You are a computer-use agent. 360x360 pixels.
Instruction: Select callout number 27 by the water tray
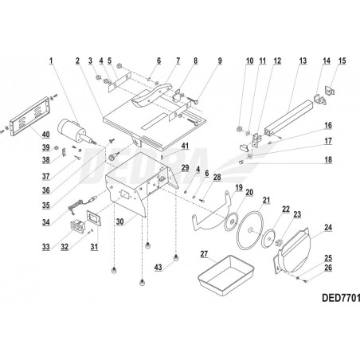click(204, 255)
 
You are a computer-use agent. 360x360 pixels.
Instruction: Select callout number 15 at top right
click(343, 61)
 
